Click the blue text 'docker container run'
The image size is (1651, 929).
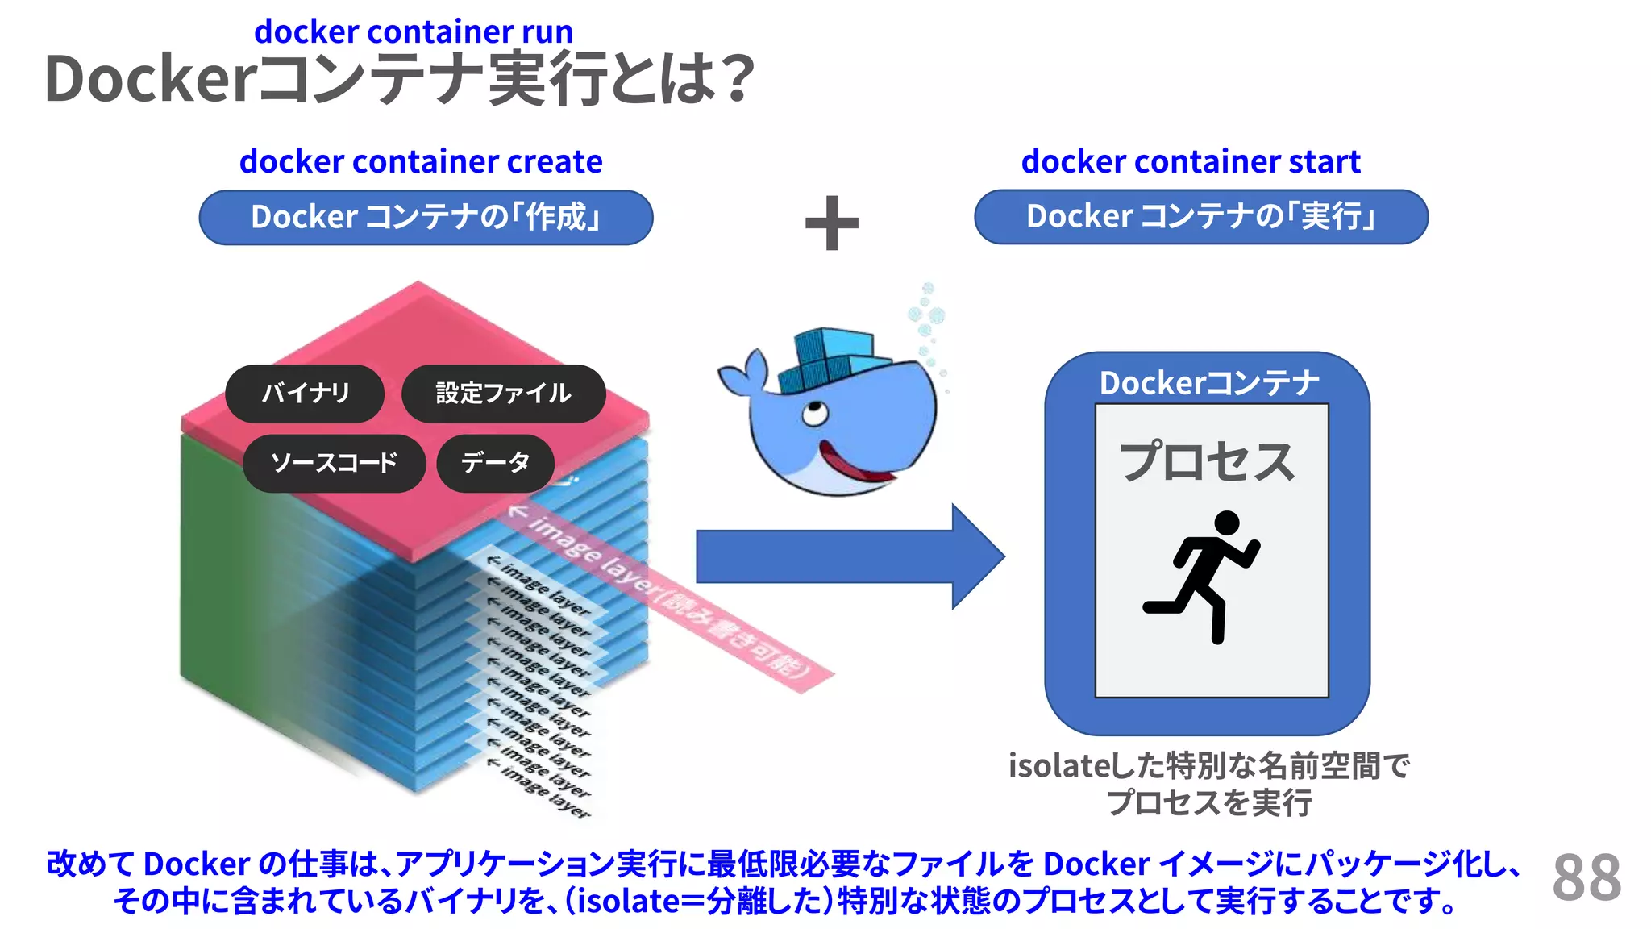[x=413, y=32]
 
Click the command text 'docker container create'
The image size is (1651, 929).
[x=421, y=162]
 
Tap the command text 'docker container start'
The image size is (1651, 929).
[x=1191, y=162]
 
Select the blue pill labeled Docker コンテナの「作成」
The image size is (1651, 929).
[x=426, y=218]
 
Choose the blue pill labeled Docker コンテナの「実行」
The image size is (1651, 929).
[x=1200, y=217]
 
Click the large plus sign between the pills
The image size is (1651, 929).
[x=832, y=223]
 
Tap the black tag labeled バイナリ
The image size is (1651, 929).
[x=305, y=394]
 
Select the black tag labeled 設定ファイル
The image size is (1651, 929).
[x=503, y=394]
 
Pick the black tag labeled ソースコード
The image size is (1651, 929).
[x=334, y=463]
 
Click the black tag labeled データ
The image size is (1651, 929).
[x=495, y=463]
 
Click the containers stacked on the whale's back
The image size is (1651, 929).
[x=830, y=355]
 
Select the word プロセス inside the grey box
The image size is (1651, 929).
[x=1207, y=462]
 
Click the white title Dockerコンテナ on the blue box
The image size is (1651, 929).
[x=1208, y=383]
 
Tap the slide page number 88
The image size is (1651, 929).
[x=1586, y=878]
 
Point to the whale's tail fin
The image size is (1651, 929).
[x=746, y=375]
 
